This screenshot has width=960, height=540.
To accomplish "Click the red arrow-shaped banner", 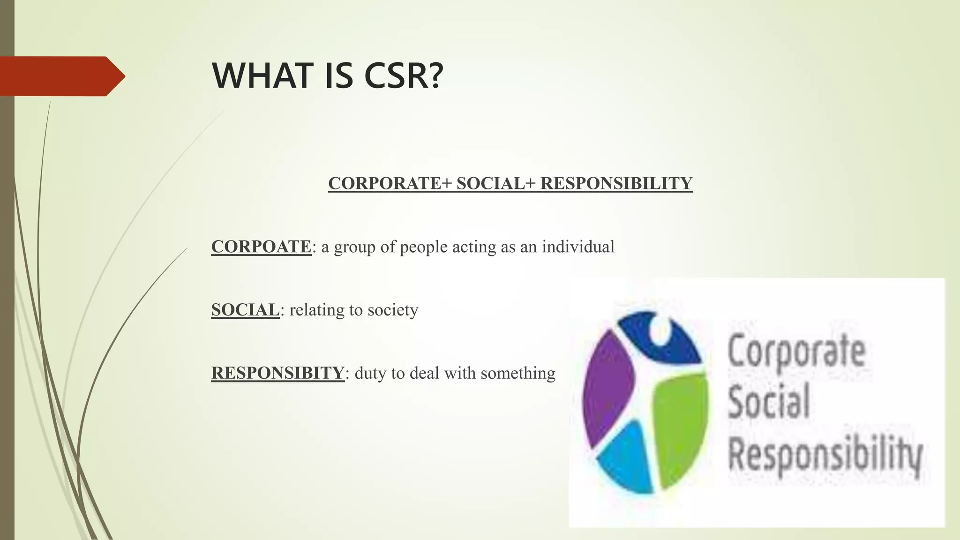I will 61,76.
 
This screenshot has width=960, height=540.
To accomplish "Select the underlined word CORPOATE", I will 261,247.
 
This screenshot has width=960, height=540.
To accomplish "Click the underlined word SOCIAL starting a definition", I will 245,310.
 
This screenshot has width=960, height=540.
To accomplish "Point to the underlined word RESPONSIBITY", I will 278,373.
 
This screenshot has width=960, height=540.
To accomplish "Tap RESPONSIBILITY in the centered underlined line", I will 616,183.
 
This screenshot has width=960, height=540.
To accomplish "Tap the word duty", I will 371,374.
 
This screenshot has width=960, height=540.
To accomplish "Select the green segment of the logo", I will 680,422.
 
